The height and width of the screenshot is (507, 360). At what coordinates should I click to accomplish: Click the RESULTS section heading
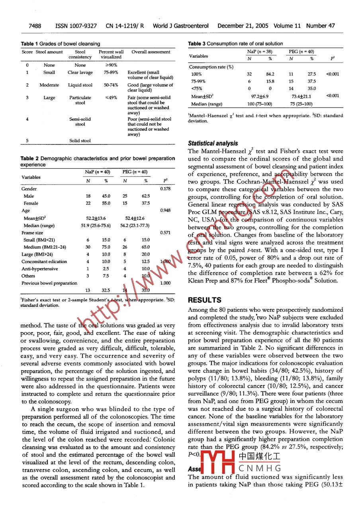(205, 300)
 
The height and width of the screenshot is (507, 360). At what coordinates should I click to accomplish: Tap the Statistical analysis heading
(213, 143)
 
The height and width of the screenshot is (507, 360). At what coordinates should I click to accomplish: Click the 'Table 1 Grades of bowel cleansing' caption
(61, 44)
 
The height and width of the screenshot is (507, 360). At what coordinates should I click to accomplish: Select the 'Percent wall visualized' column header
(111, 54)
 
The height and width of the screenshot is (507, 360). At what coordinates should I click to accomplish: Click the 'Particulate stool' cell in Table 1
(80, 100)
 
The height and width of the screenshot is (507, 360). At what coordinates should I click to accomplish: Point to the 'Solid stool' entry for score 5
(80, 140)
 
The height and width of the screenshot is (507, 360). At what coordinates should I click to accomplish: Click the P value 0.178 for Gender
(165, 189)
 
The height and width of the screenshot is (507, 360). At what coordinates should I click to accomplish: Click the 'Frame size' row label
(32, 233)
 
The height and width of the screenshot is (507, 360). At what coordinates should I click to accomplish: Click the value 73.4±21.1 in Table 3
(301, 96)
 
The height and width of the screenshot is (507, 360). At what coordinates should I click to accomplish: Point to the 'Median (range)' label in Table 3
(206, 104)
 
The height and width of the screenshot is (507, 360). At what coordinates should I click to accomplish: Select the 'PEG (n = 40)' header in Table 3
(301, 52)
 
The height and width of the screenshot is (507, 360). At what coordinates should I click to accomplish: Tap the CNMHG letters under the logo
(260, 468)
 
